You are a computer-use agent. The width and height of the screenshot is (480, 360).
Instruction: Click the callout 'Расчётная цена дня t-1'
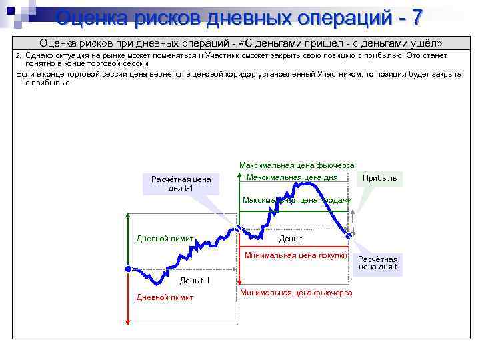(x=181, y=183)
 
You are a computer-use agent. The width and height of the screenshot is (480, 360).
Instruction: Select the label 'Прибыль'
(x=379, y=178)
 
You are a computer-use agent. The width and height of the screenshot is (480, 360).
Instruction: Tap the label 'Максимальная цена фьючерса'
(x=297, y=165)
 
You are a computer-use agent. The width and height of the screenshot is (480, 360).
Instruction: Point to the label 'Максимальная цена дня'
(x=292, y=177)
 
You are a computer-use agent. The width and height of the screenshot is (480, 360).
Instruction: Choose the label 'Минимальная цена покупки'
(x=296, y=255)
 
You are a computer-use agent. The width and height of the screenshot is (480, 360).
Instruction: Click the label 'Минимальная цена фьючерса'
(x=296, y=293)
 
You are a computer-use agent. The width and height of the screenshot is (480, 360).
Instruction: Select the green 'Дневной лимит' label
(x=165, y=239)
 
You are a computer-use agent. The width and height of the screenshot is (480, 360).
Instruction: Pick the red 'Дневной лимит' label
(x=165, y=297)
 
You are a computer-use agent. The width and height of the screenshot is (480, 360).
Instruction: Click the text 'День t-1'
(x=195, y=280)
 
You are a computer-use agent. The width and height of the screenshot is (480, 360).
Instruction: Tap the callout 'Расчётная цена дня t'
(x=378, y=263)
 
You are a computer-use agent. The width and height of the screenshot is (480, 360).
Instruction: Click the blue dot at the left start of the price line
(x=128, y=269)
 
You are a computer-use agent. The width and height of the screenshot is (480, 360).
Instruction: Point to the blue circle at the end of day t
(x=347, y=234)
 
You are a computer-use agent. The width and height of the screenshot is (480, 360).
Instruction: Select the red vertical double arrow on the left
(x=128, y=299)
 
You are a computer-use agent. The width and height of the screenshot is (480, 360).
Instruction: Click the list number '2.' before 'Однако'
(x=19, y=56)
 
